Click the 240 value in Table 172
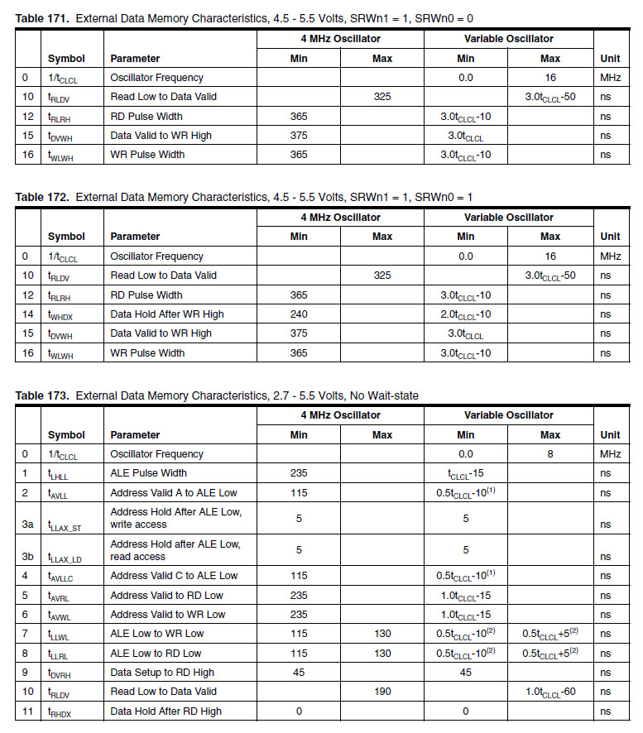[x=299, y=314]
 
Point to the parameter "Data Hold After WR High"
[x=167, y=314]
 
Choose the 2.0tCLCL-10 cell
[x=466, y=314]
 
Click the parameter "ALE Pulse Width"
[x=149, y=473]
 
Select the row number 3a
[x=27, y=524]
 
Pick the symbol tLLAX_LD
[x=65, y=558]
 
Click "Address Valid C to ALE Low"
[x=174, y=576]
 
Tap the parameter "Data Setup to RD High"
[x=162, y=672]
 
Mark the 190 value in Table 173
[x=382, y=691]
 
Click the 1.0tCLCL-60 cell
[x=550, y=691]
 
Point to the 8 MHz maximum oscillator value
[x=550, y=454]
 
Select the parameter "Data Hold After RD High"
[x=166, y=711]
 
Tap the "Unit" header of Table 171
[x=610, y=59]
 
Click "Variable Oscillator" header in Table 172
[x=508, y=218]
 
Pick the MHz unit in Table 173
[x=610, y=454]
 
